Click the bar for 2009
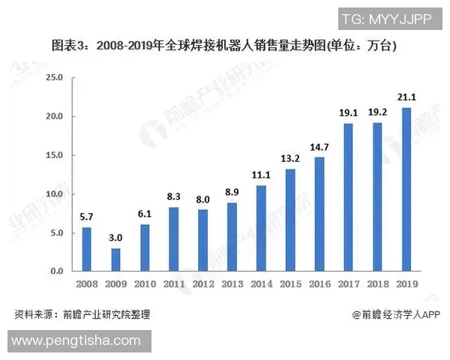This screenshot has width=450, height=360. coord(115,259)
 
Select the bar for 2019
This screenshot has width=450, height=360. coord(406,189)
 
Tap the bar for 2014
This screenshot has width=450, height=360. coord(261,228)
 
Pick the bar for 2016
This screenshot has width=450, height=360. coord(319,214)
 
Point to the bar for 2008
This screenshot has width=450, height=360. coord(86,249)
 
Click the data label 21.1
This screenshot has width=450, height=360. coord(406,95)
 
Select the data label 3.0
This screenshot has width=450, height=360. coord(115,236)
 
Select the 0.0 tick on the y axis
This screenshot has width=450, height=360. coord(58,271)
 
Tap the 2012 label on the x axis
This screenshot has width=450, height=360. coord(202,285)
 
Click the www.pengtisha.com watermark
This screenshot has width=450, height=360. coord(76,341)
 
